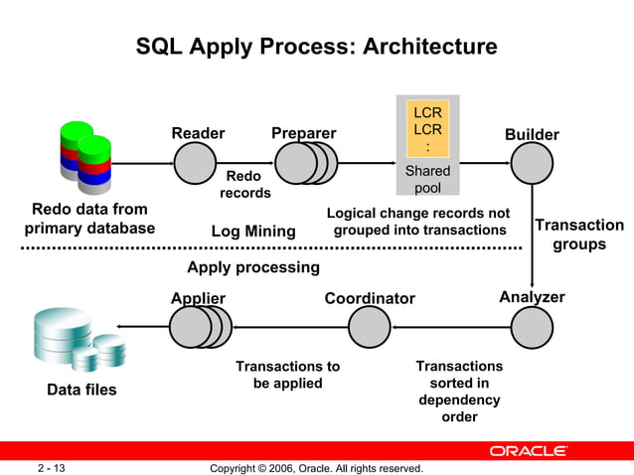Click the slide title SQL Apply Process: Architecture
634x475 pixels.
(316, 47)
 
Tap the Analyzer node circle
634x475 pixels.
(532, 326)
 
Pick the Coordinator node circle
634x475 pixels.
(370, 326)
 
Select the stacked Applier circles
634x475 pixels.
(199, 326)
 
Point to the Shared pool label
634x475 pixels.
(427, 179)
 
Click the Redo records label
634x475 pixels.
(245, 184)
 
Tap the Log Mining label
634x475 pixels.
(253, 232)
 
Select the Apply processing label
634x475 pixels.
(253, 267)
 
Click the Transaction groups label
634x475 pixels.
(579, 235)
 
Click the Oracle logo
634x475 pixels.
(528, 451)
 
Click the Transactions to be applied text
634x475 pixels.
(287, 374)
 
